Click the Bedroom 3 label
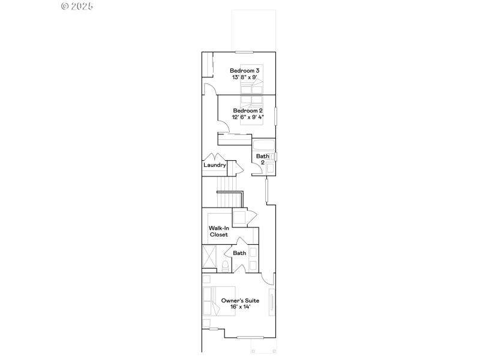coord(244,71)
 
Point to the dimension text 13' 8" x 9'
coord(244,77)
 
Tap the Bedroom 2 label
coord(248,110)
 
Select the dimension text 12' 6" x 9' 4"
coord(248,117)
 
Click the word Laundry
coord(215,165)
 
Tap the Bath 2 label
coord(262,159)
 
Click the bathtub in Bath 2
coord(263,145)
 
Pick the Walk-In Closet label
coord(218,231)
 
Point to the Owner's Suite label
coord(239,300)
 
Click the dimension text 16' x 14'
coord(239,307)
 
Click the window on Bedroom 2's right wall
coord(275,115)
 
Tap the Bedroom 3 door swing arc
coord(211,89)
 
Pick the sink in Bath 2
coord(271,157)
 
